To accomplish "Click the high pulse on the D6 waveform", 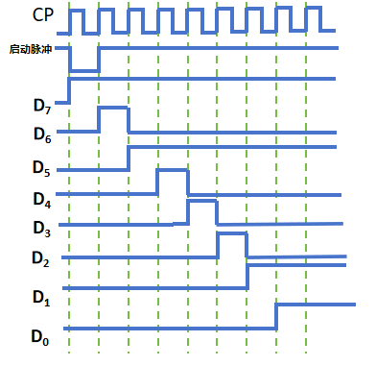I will (x=113, y=109).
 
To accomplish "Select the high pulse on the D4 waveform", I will (x=173, y=170).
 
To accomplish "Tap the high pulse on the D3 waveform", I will (x=202, y=202).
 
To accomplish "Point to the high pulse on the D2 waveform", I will (x=233, y=233).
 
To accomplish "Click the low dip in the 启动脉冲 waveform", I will (x=84, y=69).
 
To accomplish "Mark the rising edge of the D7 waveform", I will (x=69, y=89).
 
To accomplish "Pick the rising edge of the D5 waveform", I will (x=129, y=159).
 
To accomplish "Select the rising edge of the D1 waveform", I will (x=248, y=276).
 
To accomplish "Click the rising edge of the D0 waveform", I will (x=277, y=316).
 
